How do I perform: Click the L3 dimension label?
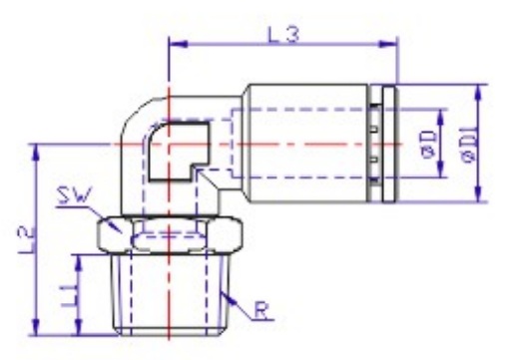[283, 35]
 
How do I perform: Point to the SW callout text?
[74, 195]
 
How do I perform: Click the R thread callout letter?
[261, 310]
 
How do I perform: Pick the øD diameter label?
[429, 144]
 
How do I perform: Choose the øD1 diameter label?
[470, 144]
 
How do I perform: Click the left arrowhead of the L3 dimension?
[179, 44]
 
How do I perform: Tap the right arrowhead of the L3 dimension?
[388, 44]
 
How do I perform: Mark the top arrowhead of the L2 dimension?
[36, 153]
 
